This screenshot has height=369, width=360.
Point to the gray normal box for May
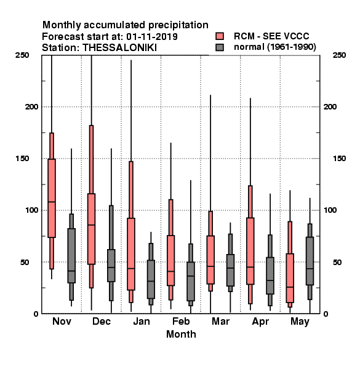(x=310, y=261)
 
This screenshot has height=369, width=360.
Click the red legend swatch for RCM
(x=220, y=36)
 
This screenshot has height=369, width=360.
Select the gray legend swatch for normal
(x=220, y=47)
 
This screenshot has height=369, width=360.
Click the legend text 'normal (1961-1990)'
(x=274, y=47)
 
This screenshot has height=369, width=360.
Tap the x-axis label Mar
(x=220, y=322)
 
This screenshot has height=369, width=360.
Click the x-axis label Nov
(x=62, y=322)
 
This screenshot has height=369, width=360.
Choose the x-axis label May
(x=300, y=322)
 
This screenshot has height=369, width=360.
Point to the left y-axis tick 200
(x=31, y=107)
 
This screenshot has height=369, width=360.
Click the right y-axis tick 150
(x=339, y=159)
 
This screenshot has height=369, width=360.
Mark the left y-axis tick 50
(x=25, y=262)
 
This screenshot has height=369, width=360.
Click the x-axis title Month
(x=181, y=335)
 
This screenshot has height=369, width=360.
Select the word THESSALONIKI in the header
(x=119, y=48)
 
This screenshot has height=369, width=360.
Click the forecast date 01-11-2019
(x=152, y=37)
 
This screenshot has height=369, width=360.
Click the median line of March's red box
(x=210, y=266)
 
